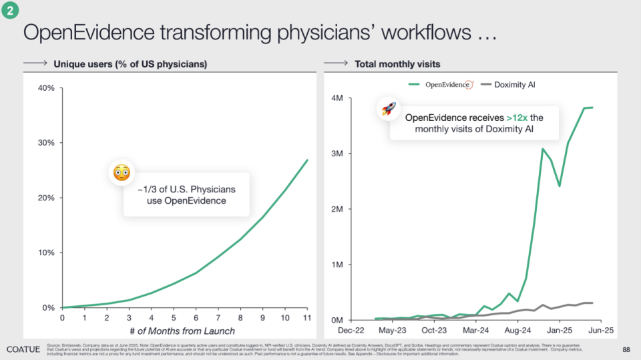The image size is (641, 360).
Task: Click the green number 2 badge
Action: coord(9,9)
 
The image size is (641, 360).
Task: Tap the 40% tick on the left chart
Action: coord(45,88)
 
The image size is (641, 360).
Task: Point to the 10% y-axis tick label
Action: coord(45,252)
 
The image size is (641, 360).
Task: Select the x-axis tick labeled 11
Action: coord(306,317)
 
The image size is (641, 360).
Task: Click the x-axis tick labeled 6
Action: coord(195,317)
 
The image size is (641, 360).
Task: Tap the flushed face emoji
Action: coord(121,174)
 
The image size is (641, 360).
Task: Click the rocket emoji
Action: coord(388,109)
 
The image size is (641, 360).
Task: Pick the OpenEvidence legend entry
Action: coord(441,85)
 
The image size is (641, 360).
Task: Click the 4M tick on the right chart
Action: coord(338,98)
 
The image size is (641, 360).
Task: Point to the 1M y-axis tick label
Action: coord(338,264)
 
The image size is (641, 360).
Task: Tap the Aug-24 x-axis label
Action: coord(517,330)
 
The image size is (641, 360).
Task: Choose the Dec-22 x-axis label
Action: coord(351,330)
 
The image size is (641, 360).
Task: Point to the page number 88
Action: coord(626,349)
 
